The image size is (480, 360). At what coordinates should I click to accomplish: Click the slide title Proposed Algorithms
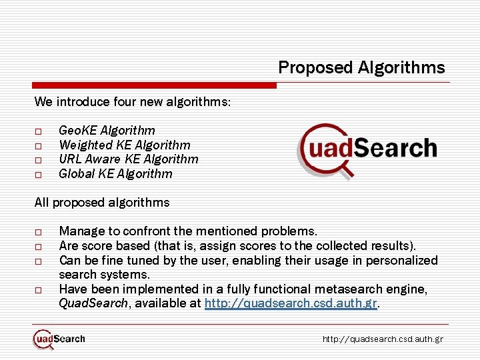361,67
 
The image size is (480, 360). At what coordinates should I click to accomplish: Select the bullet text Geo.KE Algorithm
107,131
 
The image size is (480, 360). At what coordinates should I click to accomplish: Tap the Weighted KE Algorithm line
124,145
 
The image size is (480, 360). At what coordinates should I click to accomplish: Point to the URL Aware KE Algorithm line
128,159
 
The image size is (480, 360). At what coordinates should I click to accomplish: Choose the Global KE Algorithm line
115,174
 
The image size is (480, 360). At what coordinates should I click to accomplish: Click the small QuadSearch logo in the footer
59,339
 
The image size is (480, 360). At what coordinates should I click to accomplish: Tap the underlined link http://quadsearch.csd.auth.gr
291,304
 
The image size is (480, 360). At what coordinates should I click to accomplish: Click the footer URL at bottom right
383,339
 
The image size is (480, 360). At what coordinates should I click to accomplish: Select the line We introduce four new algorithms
133,102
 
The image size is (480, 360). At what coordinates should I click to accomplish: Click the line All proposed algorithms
102,203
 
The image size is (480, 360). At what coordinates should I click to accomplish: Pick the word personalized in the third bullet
401,261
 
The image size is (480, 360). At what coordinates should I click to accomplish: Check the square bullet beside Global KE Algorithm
39,175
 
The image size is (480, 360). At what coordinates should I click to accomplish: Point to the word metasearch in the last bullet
355,289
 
